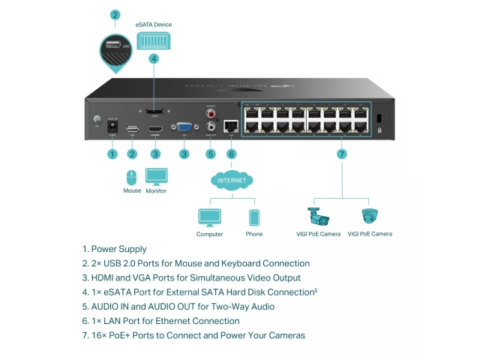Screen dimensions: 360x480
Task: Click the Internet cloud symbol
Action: (231, 181)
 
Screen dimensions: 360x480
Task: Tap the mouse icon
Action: (132, 178)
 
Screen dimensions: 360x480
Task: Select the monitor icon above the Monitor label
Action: (156, 177)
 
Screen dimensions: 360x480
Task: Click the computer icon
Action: (209, 218)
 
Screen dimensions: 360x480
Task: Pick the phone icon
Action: (253, 218)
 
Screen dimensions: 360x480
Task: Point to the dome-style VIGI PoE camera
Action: (369, 217)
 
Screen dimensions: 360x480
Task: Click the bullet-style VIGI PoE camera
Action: (319, 217)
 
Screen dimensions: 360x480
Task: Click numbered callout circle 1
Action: (112, 154)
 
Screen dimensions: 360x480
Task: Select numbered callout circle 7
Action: (341, 154)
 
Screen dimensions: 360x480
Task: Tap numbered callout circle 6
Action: (231, 154)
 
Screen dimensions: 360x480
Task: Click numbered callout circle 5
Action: (210, 154)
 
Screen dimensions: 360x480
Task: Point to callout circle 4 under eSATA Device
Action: (154, 58)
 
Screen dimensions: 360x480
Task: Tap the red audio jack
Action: (211, 115)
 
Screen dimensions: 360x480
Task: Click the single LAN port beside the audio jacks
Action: (231, 126)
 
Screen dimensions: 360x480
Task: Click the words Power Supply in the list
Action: (118, 249)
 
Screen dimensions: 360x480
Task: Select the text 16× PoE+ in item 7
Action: (109, 335)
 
